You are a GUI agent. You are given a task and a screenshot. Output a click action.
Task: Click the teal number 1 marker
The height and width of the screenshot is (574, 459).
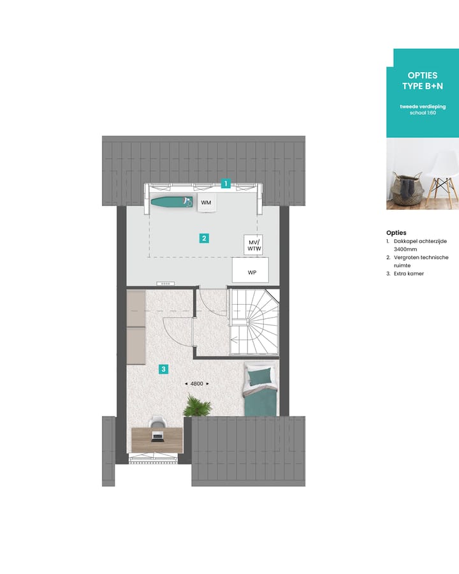pyautogui.click(x=225, y=184)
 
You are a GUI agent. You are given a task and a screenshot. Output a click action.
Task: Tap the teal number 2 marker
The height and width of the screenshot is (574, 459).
pyautogui.click(x=204, y=239)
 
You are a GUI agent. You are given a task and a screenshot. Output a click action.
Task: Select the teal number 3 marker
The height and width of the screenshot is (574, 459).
pyautogui.click(x=164, y=369)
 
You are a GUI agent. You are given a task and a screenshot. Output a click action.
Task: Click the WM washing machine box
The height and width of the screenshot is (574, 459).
pyautogui.click(x=206, y=203)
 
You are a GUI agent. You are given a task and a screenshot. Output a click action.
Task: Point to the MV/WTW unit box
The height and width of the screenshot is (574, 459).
pyautogui.click(x=254, y=244)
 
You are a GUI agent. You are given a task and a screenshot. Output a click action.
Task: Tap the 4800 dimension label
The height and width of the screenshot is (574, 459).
pyautogui.click(x=196, y=383)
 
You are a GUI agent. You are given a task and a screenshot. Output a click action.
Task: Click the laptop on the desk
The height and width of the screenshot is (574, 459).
pyautogui.click(x=158, y=436)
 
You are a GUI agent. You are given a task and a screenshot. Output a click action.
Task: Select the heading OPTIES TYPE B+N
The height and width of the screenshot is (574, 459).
pyautogui.click(x=422, y=80)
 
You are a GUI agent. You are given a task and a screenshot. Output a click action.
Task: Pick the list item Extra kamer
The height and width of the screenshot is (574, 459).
pyautogui.click(x=409, y=274)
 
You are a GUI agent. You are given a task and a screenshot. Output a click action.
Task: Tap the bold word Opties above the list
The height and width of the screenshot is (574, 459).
pyautogui.click(x=396, y=233)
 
